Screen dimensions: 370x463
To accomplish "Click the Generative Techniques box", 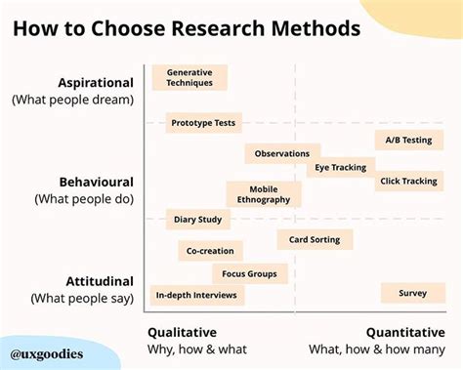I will [189, 77].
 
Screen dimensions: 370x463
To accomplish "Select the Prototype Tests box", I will [203, 123].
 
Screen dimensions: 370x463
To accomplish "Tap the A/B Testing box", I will [408, 141].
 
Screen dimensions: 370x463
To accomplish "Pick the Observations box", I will [282, 153].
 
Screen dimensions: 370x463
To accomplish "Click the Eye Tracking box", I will [342, 167].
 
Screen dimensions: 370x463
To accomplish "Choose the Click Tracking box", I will [408, 181].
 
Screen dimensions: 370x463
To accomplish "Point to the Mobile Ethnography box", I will [264, 194].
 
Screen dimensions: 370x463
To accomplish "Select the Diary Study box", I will [198, 220].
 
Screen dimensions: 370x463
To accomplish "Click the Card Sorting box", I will [315, 239].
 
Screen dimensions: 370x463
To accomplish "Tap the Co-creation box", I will [210, 251].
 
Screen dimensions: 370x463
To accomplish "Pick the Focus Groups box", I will [250, 274].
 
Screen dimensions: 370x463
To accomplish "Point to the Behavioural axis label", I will [94, 182].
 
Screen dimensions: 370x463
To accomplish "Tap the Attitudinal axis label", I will [96, 281].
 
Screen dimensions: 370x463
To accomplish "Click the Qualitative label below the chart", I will [183, 332].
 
